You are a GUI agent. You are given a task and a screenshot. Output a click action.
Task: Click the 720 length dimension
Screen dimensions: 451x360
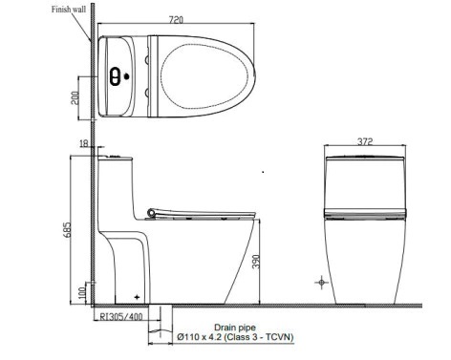tap(176, 20)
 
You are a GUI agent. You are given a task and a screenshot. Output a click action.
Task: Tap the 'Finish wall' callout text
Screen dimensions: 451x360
tap(69, 10)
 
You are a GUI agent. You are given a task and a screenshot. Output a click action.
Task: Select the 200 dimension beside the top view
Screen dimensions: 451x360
tap(75, 98)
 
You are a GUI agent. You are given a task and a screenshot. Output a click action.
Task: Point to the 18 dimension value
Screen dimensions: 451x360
tap(84, 144)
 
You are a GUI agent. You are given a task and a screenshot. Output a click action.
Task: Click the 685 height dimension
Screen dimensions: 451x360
tap(68, 229)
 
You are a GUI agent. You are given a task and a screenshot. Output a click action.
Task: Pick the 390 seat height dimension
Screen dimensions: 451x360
tap(256, 262)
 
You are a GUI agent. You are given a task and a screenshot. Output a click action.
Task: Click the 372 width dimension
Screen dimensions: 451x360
tap(365, 141)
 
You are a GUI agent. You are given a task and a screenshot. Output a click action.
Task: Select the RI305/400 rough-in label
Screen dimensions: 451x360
tap(121, 316)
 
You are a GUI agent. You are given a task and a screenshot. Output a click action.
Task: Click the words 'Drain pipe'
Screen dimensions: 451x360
tap(235, 328)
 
